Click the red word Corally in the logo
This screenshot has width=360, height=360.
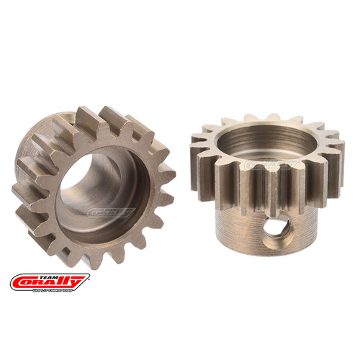tap(50, 282)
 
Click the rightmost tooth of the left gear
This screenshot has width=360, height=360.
tap(167, 173)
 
